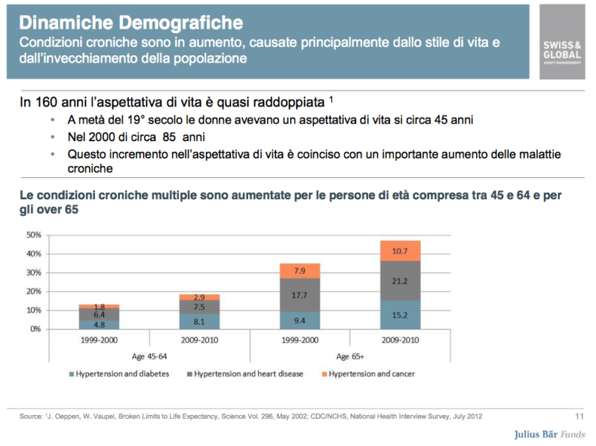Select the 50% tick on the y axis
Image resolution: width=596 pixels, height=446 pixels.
point(32,235)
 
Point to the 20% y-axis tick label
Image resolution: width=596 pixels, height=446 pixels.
point(32,292)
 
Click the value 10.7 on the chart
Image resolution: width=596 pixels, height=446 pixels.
point(400,251)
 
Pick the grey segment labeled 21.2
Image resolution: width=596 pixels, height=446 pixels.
point(400,281)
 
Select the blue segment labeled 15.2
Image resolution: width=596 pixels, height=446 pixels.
point(400,314)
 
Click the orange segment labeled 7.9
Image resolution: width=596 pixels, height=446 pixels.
point(299,271)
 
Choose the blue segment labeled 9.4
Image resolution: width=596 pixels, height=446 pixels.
point(299,320)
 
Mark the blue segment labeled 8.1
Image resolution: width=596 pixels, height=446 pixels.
point(199,321)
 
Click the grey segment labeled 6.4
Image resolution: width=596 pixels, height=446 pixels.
point(99,314)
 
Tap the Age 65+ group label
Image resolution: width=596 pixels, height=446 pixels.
point(350,357)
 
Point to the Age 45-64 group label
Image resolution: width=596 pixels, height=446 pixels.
point(149,357)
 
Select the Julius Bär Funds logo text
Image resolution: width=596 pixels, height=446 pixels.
point(550,434)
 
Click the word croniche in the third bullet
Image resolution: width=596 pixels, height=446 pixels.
point(91,168)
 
